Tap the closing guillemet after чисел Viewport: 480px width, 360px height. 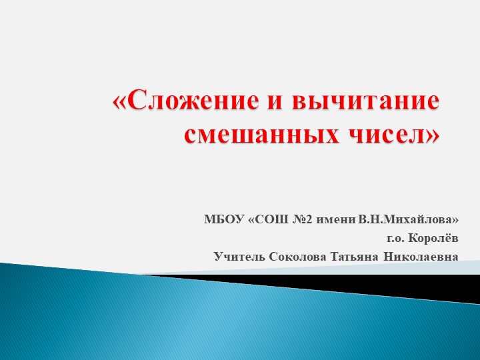coord(433,134)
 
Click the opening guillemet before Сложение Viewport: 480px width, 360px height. coord(119,103)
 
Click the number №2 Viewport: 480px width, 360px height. coord(303,219)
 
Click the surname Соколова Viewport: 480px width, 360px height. coord(293,256)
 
